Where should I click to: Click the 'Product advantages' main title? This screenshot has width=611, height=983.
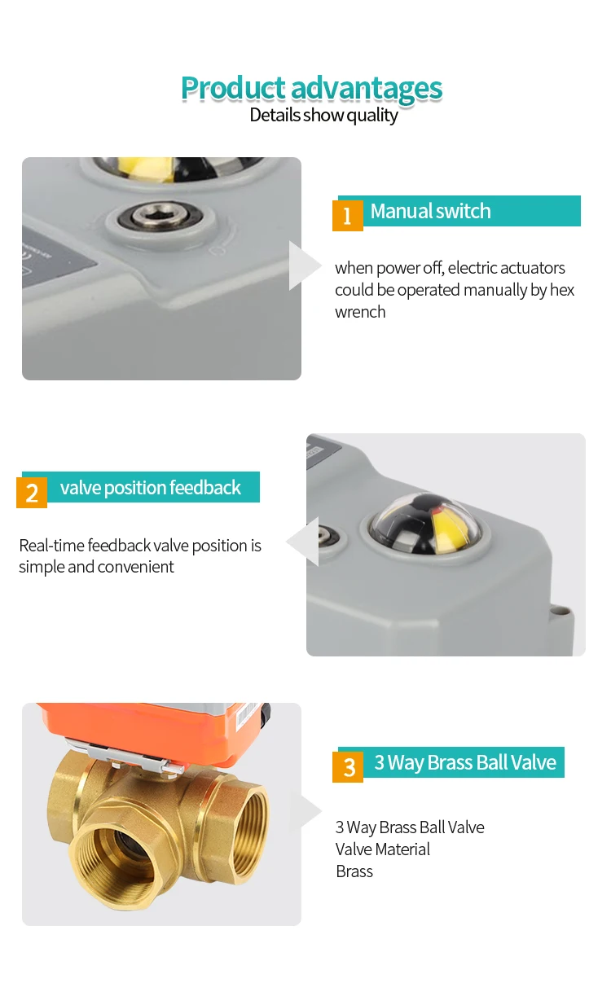tap(311, 88)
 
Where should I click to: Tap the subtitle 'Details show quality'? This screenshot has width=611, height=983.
tap(323, 115)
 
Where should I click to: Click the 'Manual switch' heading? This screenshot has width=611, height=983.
tap(430, 211)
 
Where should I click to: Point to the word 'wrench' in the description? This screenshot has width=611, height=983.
tap(360, 312)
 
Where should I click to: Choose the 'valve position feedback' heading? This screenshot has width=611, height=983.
tap(151, 488)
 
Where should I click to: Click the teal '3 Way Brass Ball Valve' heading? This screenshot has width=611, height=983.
tap(464, 763)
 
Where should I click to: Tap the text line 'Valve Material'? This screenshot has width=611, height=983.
tap(382, 849)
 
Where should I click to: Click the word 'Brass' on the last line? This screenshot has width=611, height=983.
tap(354, 871)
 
